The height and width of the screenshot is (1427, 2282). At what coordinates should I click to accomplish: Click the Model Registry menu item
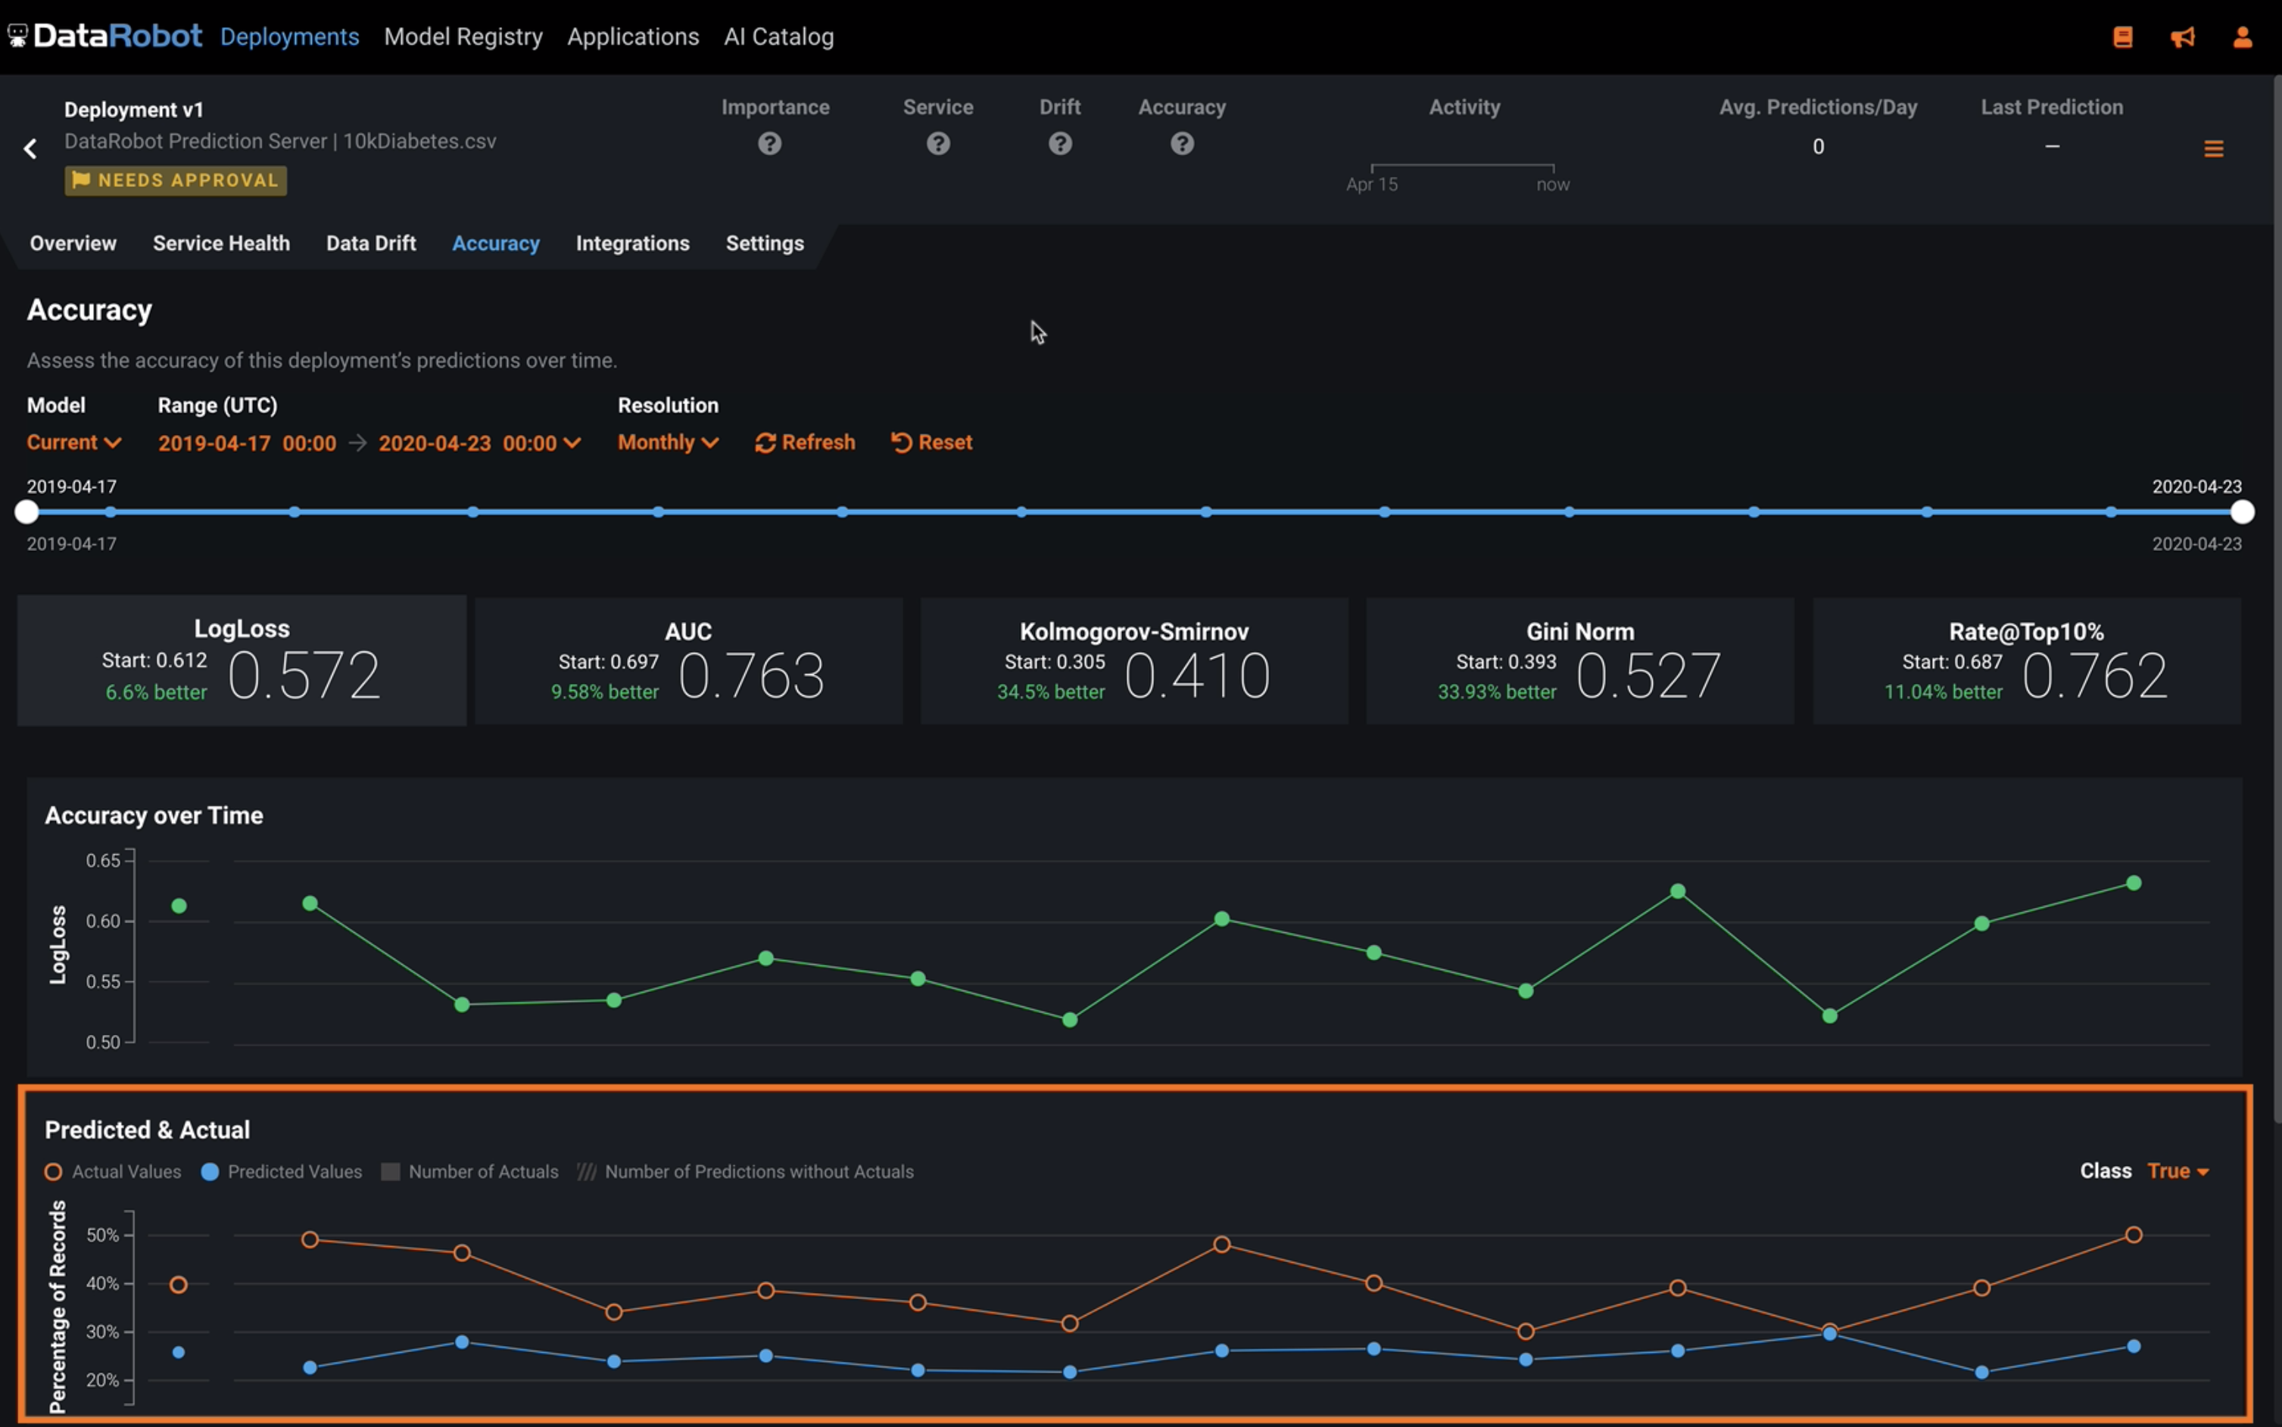pos(463,37)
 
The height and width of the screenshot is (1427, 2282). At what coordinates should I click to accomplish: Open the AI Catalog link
pos(778,37)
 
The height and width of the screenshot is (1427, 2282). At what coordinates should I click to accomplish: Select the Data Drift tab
pos(371,244)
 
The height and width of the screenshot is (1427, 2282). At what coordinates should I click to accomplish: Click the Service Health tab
pos(221,244)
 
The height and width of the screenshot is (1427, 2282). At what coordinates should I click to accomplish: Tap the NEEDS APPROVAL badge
pos(176,180)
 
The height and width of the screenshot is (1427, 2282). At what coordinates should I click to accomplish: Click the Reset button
pos(931,443)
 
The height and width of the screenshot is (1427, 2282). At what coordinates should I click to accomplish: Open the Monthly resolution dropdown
pos(668,443)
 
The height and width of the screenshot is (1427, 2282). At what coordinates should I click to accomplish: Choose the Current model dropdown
pos(73,443)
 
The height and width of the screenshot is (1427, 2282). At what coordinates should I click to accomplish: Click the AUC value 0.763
pos(750,676)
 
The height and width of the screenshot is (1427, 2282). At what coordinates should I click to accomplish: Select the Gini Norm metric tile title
pos(1579,631)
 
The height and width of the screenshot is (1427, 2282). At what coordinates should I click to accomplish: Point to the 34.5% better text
pos(1050,692)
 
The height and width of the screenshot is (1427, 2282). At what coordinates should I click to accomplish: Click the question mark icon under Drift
pos(1059,144)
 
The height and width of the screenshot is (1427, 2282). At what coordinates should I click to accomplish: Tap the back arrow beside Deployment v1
pos(30,148)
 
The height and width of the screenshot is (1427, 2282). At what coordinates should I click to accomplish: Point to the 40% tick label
pos(102,1283)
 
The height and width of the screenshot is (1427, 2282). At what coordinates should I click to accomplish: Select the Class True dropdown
pos(2176,1171)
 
